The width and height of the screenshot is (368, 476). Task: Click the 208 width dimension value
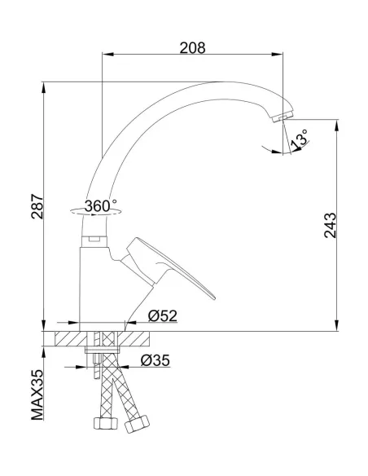(192, 47)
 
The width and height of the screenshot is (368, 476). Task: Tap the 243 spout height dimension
(330, 226)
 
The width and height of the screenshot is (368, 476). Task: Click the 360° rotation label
(100, 206)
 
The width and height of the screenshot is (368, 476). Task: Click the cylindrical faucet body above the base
(99, 285)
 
